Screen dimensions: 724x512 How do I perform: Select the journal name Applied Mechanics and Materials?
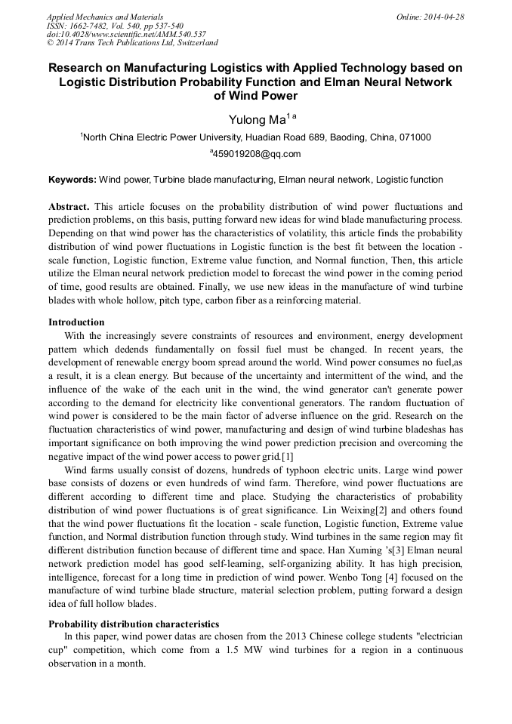(x=105, y=17)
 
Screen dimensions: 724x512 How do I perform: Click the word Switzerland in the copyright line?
(x=191, y=44)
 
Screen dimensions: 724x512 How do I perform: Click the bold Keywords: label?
(x=72, y=180)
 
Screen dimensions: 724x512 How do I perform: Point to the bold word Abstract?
(x=69, y=206)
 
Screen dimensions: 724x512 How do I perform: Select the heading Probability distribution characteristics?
(x=134, y=624)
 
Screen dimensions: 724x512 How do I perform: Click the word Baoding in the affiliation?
(x=347, y=137)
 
